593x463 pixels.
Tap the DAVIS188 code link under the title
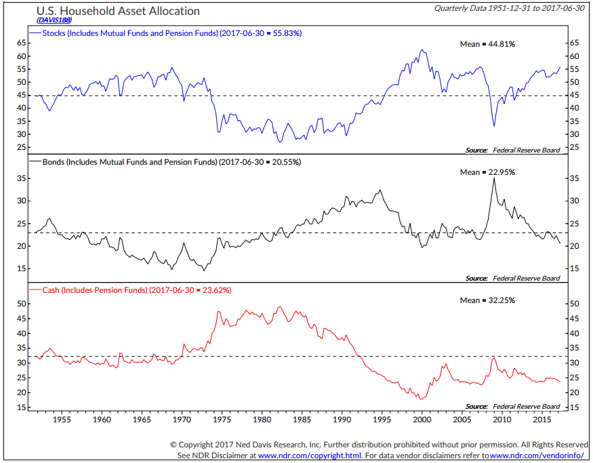(47, 20)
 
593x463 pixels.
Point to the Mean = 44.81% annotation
(487, 44)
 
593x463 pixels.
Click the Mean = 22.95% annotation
(487, 172)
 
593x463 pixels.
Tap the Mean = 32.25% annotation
(487, 300)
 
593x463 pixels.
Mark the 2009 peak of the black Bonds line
(494, 178)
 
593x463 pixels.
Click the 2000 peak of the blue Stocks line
(422, 49)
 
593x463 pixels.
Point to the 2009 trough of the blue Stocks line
(494, 126)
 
